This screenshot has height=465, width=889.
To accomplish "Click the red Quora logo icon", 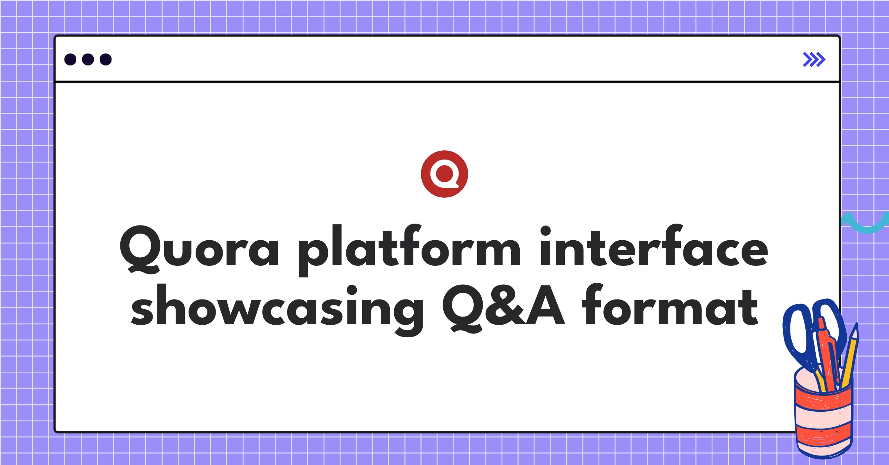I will (x=444, y=174).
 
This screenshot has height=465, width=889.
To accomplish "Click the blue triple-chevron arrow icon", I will (x=814, y=60).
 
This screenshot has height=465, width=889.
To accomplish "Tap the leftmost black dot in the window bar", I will (x=70, y=59).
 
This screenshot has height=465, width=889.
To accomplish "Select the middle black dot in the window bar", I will (x=88, y=59).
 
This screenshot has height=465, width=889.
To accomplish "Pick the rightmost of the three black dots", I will (x=106, y=59).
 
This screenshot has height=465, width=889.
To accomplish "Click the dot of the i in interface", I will (x=546, y=231).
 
